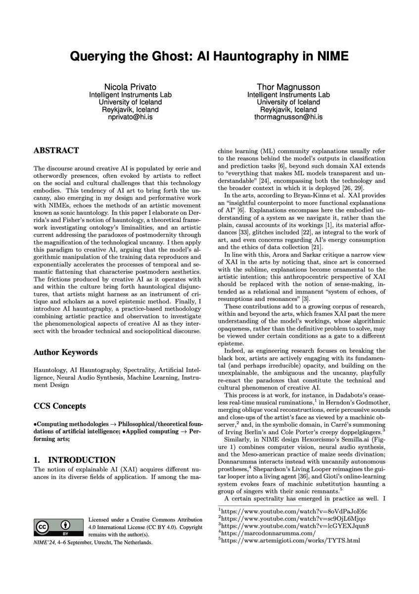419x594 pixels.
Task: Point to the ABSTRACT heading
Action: click(56, 150)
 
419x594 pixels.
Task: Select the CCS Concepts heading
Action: click(59, 406)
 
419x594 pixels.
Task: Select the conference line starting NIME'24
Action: click(93, 542)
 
